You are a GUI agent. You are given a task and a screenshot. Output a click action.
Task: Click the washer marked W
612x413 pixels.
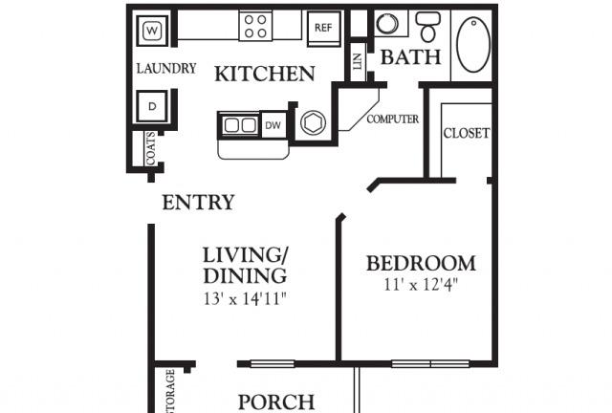[x=154, y=32]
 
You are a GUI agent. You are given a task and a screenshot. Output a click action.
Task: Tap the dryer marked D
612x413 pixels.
[x=154, y=104]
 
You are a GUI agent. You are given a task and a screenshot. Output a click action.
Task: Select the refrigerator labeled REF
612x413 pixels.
[x=322, y=28]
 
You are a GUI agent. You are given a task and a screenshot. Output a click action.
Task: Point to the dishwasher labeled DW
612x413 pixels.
[x=273, y=125]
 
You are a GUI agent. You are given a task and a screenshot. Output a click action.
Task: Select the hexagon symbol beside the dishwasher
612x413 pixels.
[x=313, y=124]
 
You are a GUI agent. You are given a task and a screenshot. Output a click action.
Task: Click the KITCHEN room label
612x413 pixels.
[x=264, y=74]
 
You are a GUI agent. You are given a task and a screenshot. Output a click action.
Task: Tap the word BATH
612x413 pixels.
[x=410, y=57]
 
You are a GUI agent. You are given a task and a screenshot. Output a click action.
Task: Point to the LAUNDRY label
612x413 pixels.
[x=166, y=69]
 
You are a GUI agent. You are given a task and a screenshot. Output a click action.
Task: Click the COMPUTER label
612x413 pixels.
[x=393, y=120]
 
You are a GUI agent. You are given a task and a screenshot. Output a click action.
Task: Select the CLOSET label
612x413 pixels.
[x=467, y=133]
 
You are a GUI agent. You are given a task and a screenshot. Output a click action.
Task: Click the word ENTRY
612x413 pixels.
[x=198, y=203]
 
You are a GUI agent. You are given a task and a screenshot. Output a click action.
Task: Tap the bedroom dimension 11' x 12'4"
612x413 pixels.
[x=421, y=284]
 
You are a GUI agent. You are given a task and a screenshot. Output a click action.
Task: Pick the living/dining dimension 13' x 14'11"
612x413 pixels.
[x=244, y=298]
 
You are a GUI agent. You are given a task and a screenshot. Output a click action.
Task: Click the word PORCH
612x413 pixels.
[x=275, y=402]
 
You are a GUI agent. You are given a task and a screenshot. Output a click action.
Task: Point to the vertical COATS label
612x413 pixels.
[x=151, y=149]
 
